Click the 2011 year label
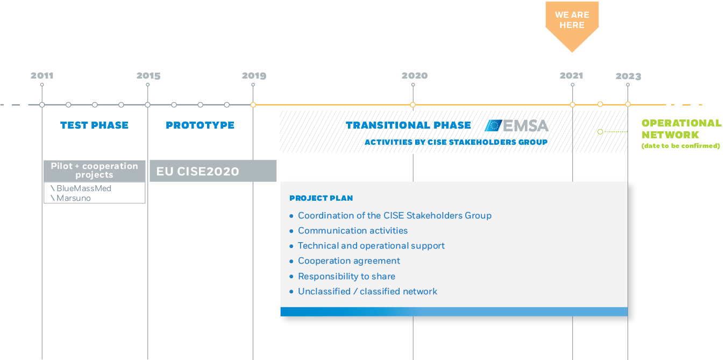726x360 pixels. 42,75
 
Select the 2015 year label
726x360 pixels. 148,75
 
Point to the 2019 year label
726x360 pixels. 254,75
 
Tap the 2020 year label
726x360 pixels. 415,75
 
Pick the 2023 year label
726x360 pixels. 629,76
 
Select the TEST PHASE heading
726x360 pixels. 94,125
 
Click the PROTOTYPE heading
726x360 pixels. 200,125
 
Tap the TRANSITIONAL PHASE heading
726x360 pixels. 408,125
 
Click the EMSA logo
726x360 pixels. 517,126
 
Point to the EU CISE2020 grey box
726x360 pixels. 213,171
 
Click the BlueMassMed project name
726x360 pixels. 83,188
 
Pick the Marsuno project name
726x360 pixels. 74,198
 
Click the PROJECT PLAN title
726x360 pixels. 321,198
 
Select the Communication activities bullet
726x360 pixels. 348,231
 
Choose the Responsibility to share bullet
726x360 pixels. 343,277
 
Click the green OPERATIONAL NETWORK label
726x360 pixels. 681,129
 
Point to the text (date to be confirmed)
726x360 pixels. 681,146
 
